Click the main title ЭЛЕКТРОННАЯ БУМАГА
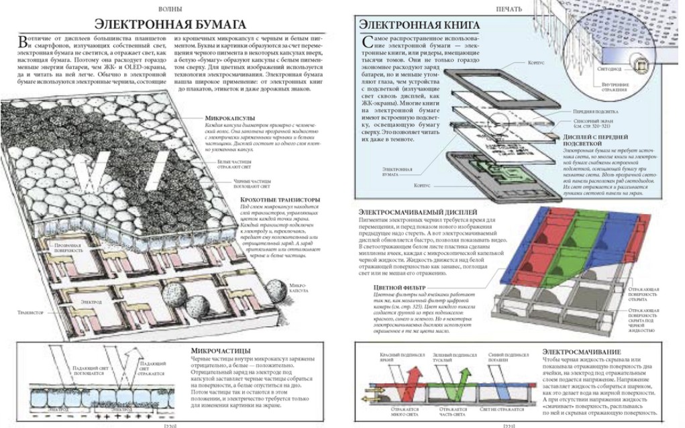(x=168, y=25)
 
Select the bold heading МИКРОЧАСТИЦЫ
(x=218, y=350)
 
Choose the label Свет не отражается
(x=503, y=409)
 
